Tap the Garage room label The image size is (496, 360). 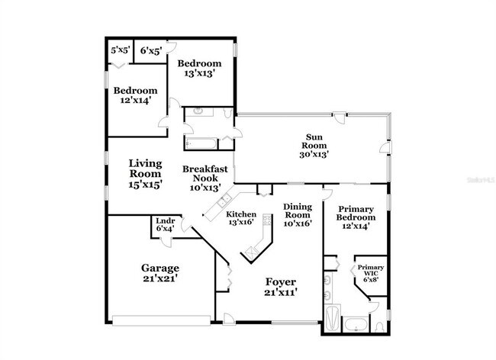tap(160, 268)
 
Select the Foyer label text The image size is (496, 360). tap(280, 281)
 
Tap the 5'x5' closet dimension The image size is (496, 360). tap(120, 50)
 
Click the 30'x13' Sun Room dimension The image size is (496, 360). tap(313, 153)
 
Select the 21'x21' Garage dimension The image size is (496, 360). tap(160, 278)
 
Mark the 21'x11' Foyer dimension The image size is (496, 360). tap(280, 291)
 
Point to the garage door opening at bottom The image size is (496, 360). tap(161, 319)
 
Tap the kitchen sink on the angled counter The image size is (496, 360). tap(224, 201)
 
